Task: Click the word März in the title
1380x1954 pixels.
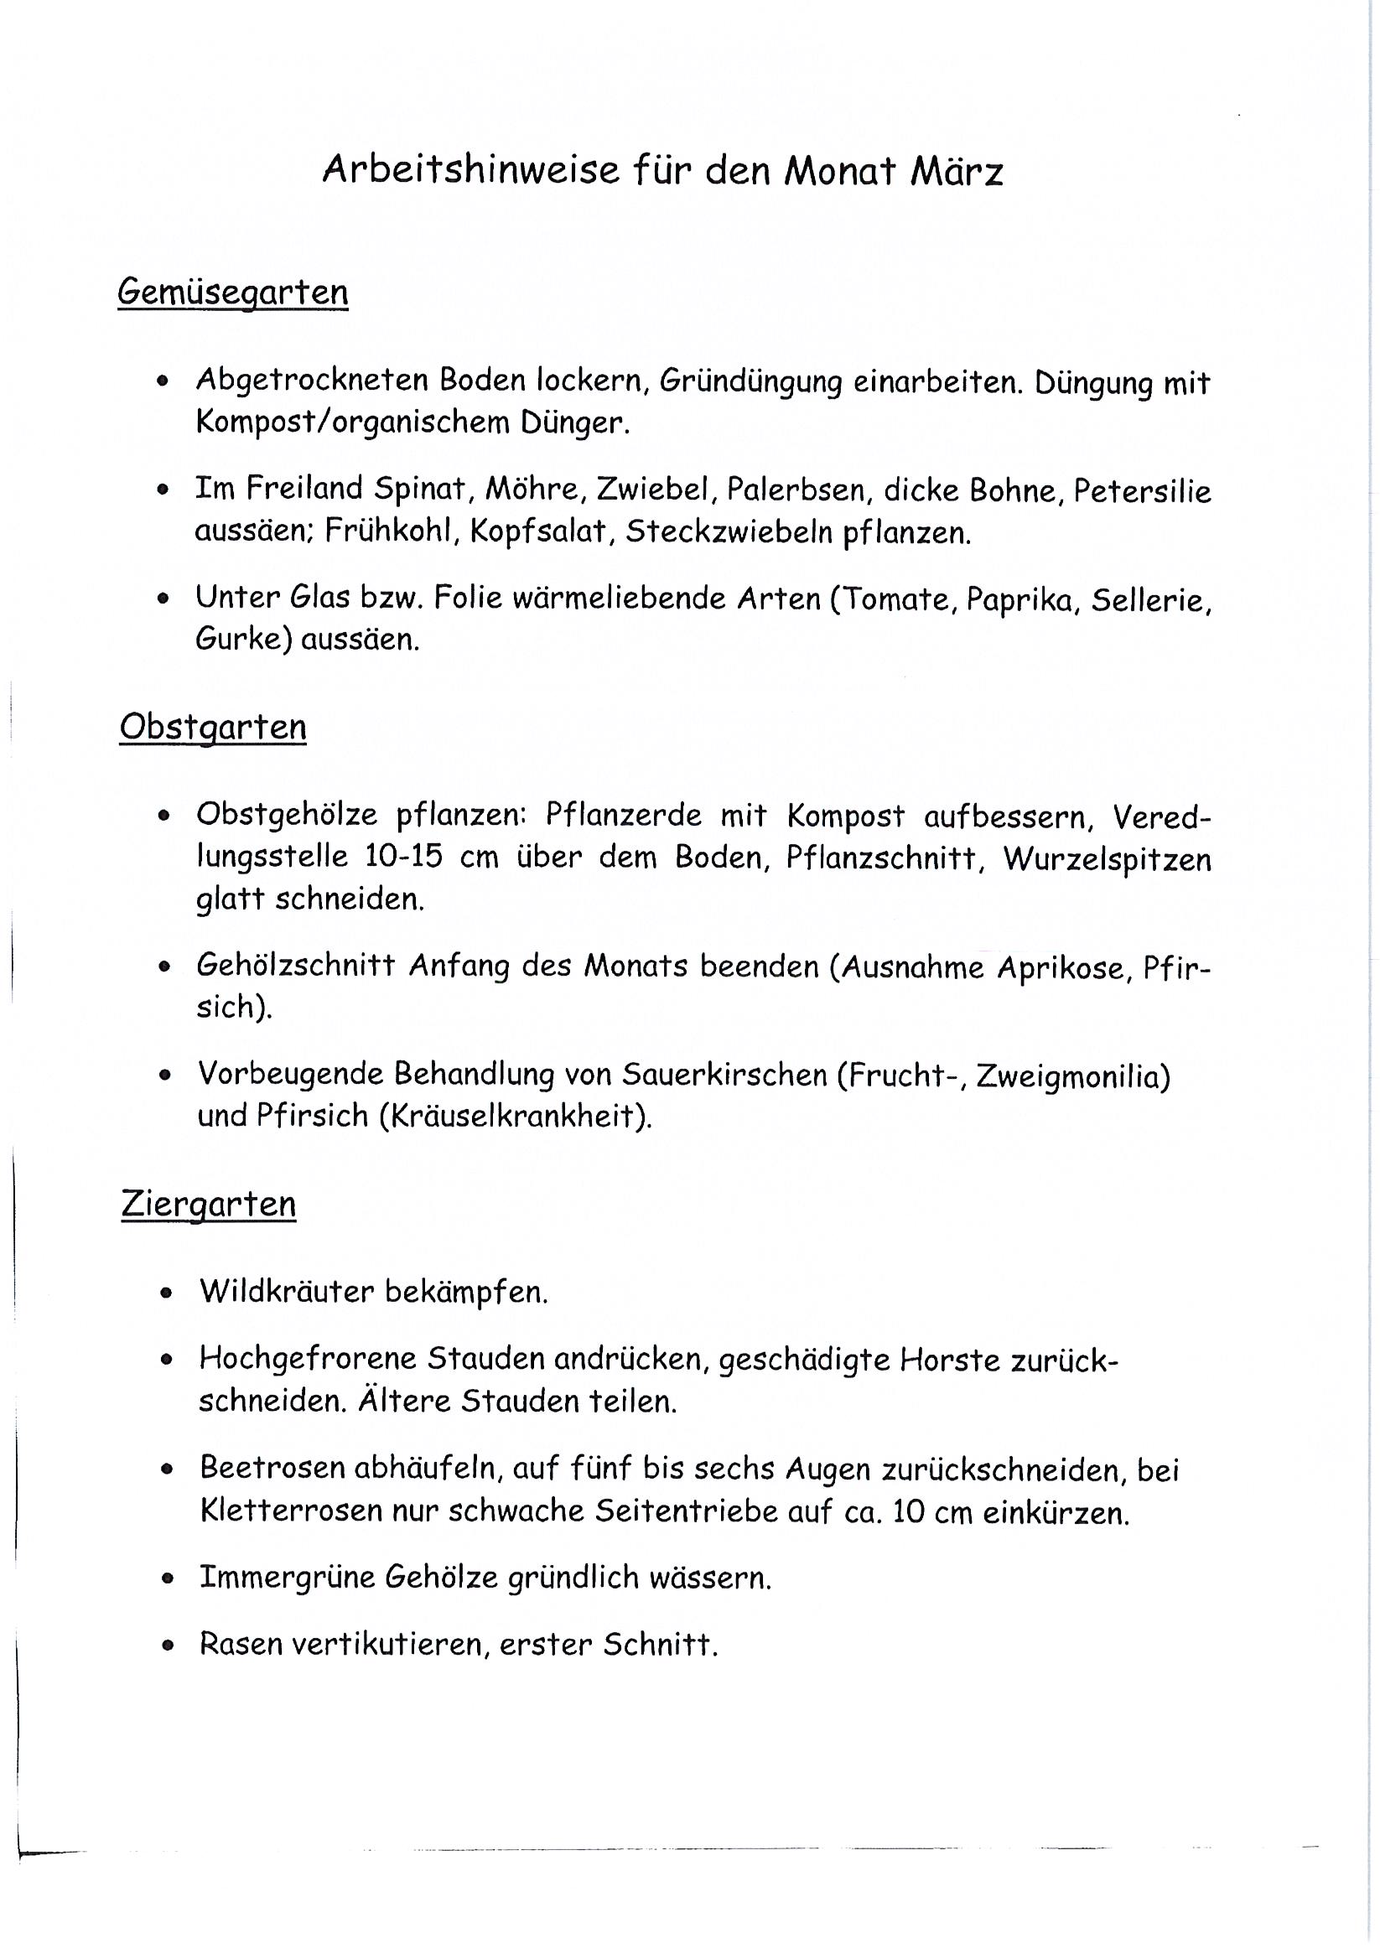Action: pos(956,171)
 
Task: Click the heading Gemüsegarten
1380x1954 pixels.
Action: pos(232,292)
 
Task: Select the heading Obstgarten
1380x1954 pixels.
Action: pos(213,727)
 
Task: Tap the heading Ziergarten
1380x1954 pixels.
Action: pos(209,1204)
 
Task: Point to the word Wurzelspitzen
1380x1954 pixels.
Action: pos(1107,858)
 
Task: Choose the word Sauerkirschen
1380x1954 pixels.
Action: pos(724,1075)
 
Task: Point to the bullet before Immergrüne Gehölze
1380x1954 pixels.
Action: pos(168,1578)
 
